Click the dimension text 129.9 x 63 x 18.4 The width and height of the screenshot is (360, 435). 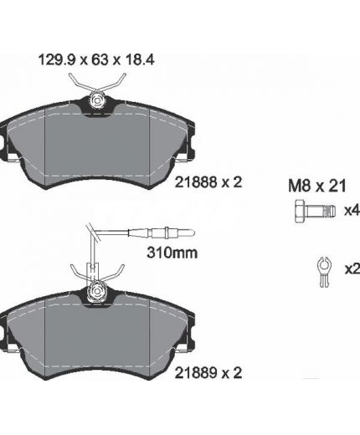tap(96, 60)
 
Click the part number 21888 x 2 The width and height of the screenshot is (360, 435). tap(208, 182)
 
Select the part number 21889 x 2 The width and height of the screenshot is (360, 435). tap(208, 372)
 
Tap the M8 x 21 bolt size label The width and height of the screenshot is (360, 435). tap(317, 186)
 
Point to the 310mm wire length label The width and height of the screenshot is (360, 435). tap(172, 253)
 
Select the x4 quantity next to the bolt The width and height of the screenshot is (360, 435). tap(352, 211)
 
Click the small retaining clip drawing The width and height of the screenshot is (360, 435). tap(324, 272)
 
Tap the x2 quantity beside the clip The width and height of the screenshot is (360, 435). tap(352, 269)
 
